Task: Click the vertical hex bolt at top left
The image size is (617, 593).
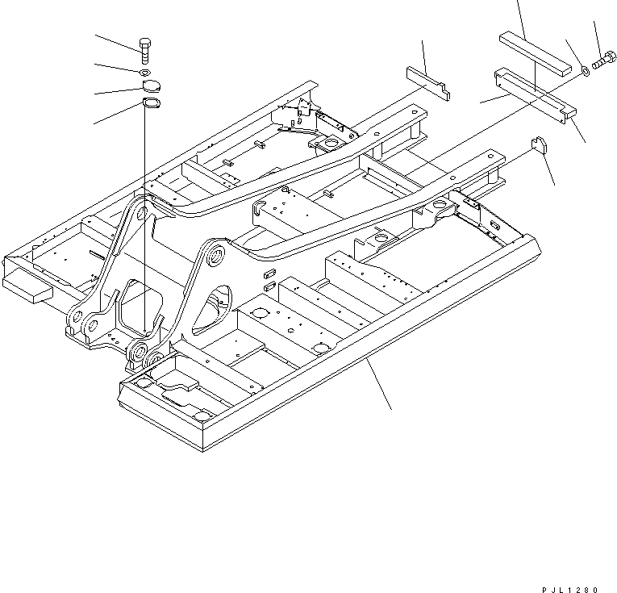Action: point(144,51)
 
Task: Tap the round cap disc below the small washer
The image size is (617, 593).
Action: point(149,87)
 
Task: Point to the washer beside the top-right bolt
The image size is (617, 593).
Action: point(585,72)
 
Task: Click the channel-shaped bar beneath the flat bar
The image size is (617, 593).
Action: point(532,92)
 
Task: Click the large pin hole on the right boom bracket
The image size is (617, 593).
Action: point(216,257)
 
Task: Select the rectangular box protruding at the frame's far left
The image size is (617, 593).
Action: point(28,286)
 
